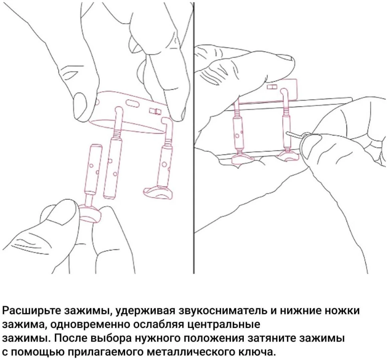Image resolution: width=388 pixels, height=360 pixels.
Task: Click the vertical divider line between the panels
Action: [194, 138]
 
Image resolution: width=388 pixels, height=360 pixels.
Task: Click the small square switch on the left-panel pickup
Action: [154, 110]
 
